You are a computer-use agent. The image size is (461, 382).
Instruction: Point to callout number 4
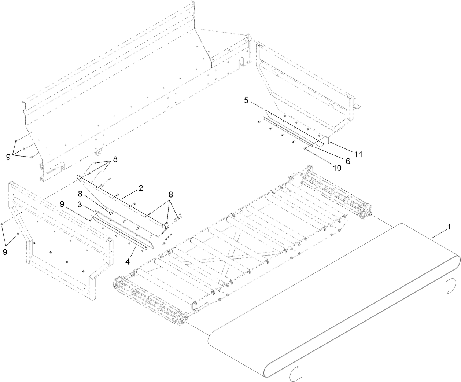pyautogui.click(x=128, y=251)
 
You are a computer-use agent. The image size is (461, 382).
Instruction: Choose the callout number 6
pyautogui.click(x=347, y=161)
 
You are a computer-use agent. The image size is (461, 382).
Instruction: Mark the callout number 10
pyautogui.click(x=336, y=168)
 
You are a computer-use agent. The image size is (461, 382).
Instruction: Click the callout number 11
pyautogui.click(x=358, y=154)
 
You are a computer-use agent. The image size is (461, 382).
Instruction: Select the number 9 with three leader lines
pyautogui.click(x=8, y=157)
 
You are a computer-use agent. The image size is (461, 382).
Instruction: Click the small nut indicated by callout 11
pyautogui.click(x=331, y=142)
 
